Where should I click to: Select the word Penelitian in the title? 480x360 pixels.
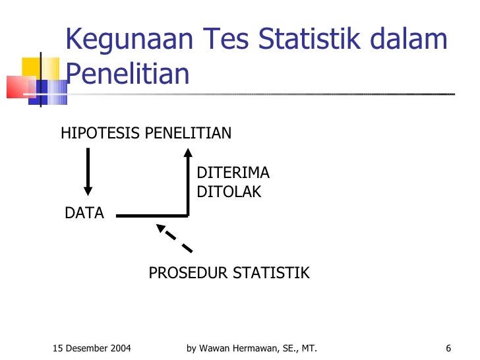point(127,74)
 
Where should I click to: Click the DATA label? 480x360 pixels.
point(84,214)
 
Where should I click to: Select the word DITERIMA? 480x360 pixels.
point(233,173)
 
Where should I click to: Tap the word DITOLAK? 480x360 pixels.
point(229,193)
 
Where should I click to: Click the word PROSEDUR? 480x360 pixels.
point(186,273)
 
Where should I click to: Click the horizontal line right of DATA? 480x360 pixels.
point(152,215)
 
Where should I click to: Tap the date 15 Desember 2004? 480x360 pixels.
point(92,348)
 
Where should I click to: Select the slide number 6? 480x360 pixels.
point(448,348)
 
